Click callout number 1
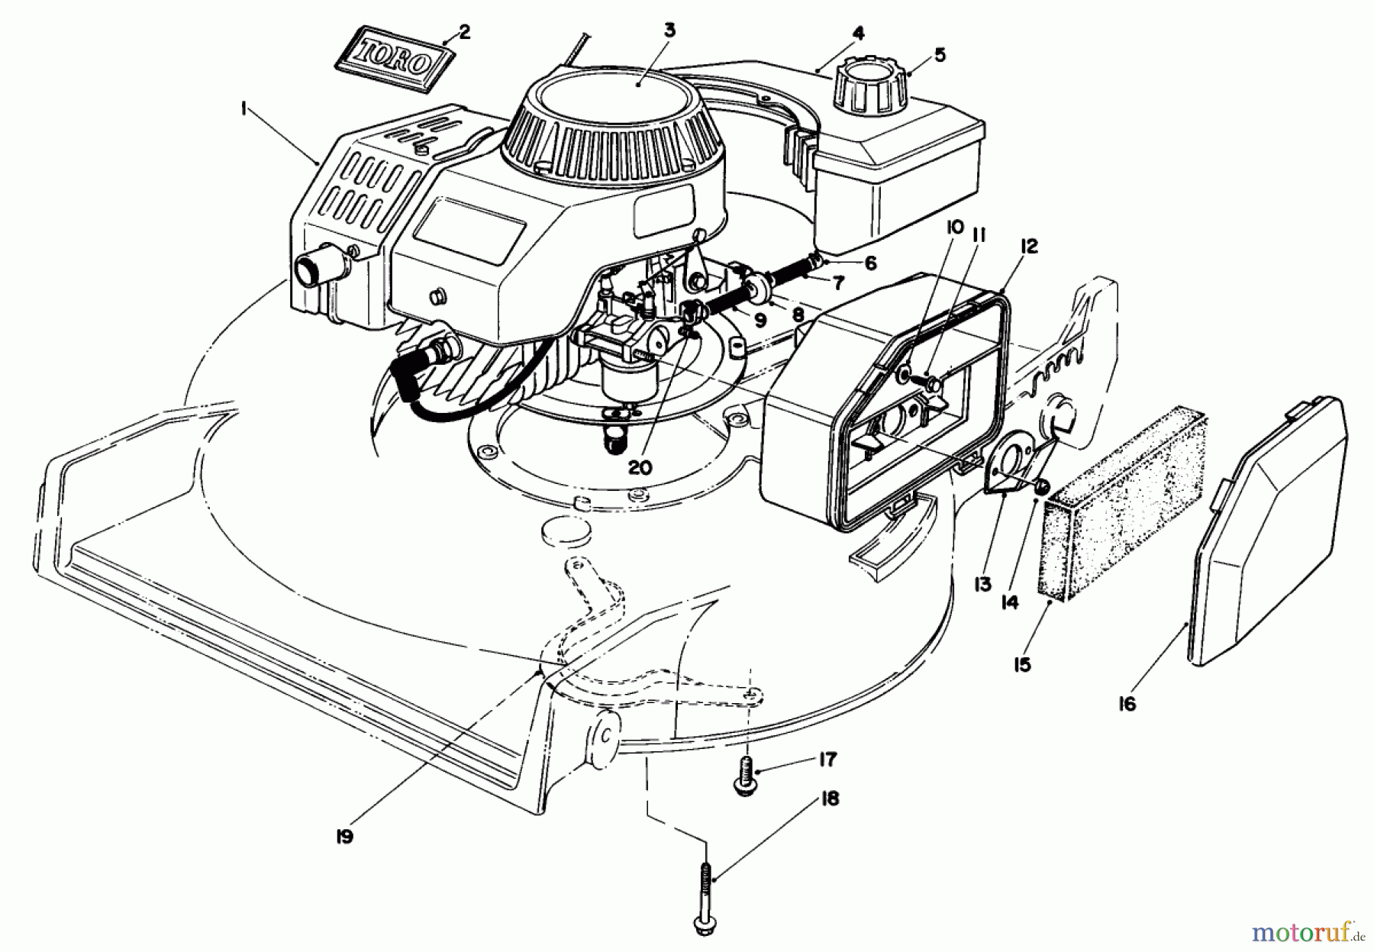(242, 110)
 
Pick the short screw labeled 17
(747, 776)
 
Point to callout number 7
(837, 284)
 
